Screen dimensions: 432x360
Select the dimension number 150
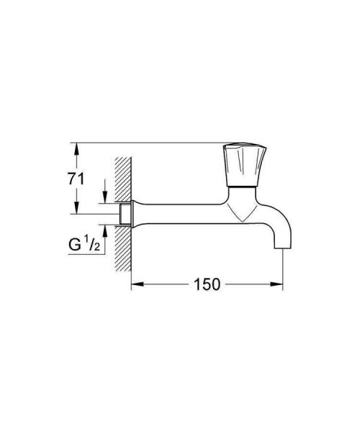click(206, 284)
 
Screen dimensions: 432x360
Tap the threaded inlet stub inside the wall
click(125, 214)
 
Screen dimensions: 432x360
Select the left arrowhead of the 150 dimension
click(135, 284)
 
